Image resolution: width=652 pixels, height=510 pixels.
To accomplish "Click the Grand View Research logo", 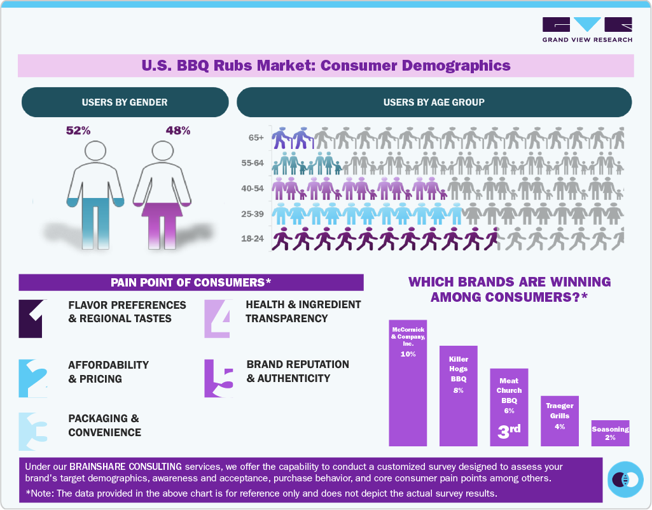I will (586, 29).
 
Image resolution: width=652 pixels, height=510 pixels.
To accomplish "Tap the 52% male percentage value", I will (78, 131).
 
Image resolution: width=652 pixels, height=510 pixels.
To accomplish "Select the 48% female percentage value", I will (177, 131).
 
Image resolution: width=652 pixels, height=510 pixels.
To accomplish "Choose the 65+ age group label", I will (258, 138).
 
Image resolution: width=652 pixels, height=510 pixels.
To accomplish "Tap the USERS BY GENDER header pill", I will (125, 102).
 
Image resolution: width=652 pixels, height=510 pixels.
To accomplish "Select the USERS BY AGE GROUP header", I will (434, 102).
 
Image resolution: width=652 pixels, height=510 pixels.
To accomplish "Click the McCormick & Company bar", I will (408, 383).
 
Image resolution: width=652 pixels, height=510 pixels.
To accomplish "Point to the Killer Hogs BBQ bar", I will (458, 395).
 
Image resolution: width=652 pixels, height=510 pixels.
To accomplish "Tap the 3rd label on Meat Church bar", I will (508, 430).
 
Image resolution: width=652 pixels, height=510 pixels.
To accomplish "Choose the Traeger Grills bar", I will (559, 421).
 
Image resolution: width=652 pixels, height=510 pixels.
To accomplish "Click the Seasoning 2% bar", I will (610, 433).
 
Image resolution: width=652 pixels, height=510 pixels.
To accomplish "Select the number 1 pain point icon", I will (32, 318).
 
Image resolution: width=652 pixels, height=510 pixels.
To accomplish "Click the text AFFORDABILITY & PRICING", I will (108, 372).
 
